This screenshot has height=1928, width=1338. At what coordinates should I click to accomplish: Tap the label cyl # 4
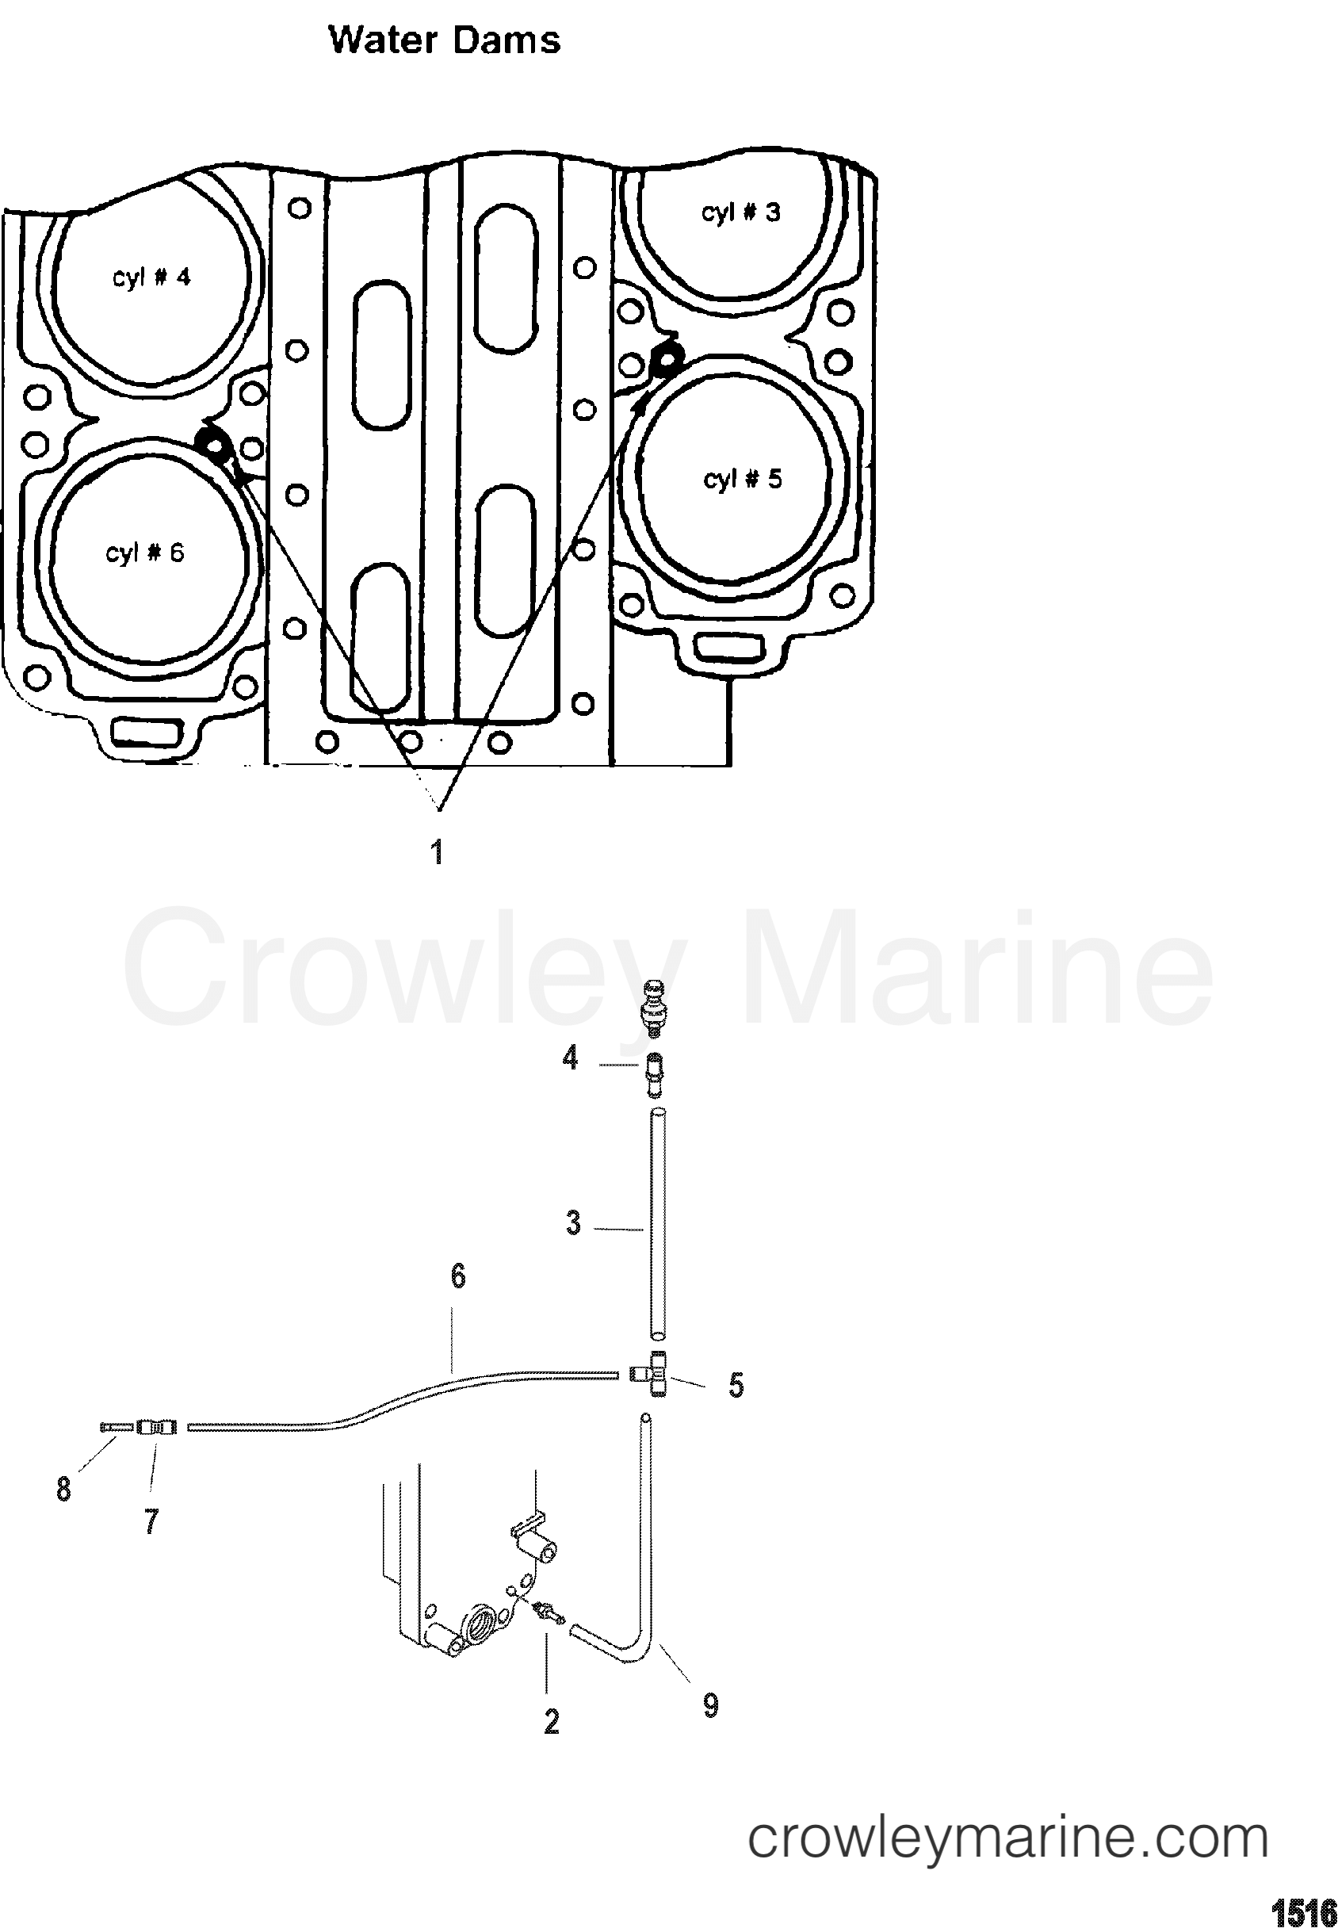point(151,277)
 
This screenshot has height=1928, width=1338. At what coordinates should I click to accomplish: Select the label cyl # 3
point(740,212)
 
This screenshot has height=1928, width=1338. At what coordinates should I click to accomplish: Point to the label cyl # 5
point(742,480)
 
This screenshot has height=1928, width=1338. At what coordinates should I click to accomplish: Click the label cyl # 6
point(144,553)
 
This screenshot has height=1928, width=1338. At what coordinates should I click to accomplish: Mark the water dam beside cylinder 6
point(216,445)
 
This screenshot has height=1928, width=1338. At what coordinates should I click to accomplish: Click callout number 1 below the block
point(437,851)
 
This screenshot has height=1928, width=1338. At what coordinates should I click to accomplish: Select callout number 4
point(570,1058)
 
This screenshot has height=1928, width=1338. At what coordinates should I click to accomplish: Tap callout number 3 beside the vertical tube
point(572,1223)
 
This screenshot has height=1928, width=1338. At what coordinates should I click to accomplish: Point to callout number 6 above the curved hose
point(457,1276)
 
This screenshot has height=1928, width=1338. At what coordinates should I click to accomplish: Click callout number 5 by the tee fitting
point(736,1385)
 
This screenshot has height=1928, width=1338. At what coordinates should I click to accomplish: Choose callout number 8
point(63,1489)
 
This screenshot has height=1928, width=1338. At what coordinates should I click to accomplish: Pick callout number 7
point(151,1520)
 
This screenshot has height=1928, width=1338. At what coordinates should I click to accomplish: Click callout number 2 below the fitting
point(551,1722)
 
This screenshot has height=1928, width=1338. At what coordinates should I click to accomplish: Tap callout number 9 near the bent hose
point(710,1705)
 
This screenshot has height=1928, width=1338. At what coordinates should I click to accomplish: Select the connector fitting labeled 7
point(156,1426)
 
